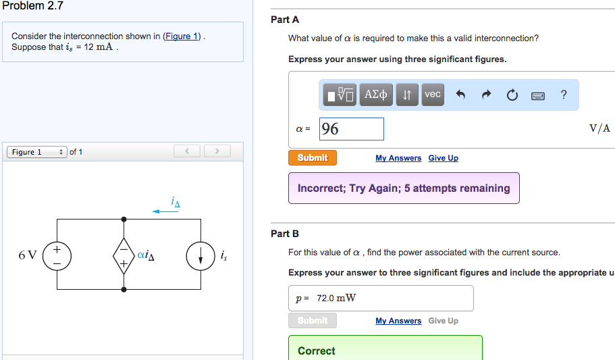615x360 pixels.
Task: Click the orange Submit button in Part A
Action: coord(313,158)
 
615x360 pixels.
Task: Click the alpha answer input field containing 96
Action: coord(351,129)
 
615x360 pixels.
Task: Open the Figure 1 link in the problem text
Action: coord(182,36)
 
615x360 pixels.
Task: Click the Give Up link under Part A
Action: coord(443,158)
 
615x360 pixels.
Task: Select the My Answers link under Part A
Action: coord(398,158)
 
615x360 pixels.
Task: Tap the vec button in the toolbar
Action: coord(433,95)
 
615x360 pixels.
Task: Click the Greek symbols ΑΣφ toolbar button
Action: coord(376,95)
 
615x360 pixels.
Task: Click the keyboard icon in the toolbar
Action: coord(538,95)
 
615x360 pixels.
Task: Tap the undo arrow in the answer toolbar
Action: coord(461,95)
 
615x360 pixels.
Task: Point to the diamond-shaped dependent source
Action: coord(124,255)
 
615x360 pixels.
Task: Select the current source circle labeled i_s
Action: coord(200,255)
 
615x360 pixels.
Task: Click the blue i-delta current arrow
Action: coord(165,211)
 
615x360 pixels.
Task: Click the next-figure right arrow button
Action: coord(217,151)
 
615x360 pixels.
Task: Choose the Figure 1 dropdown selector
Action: coord(37,152)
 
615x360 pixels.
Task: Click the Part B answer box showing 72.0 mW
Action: coord(381,298)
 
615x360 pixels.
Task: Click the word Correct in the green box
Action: coord(317,351)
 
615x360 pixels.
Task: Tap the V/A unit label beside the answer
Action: coord(599,128)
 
